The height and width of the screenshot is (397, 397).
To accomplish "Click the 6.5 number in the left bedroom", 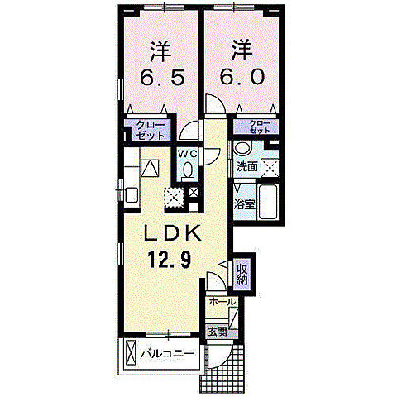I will click(160, 79).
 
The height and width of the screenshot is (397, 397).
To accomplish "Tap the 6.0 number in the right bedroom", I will click(241, 79).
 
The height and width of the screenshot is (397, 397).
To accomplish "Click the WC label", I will click(187, 153).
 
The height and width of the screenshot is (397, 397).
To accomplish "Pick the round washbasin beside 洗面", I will click(242, 150).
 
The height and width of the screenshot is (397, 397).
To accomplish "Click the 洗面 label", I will click(246, 167).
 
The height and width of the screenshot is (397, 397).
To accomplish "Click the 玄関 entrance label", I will click(216, 332).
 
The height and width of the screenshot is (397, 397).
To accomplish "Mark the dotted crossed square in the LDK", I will click(174, 197).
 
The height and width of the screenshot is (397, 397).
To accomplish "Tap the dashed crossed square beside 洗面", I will click(269, 163).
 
